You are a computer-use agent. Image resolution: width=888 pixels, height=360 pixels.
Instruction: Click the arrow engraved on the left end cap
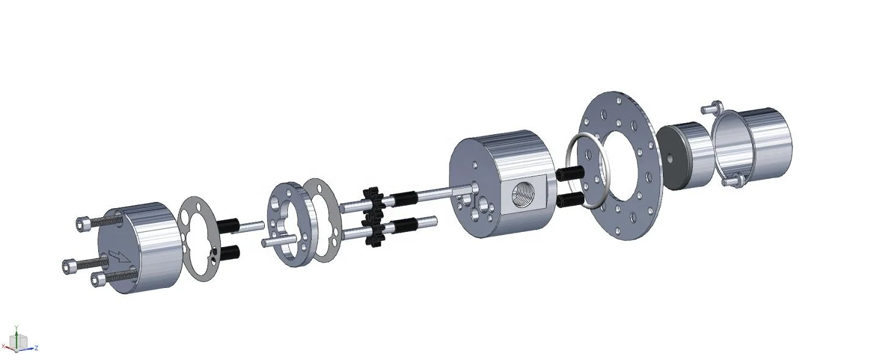118,256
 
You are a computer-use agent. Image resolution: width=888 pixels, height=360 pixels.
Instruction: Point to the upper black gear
373,200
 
